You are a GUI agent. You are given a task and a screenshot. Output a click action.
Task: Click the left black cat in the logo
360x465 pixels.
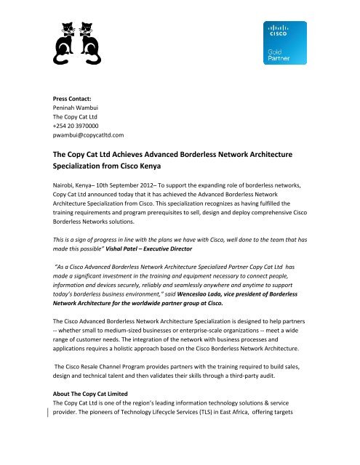point(61,46)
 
